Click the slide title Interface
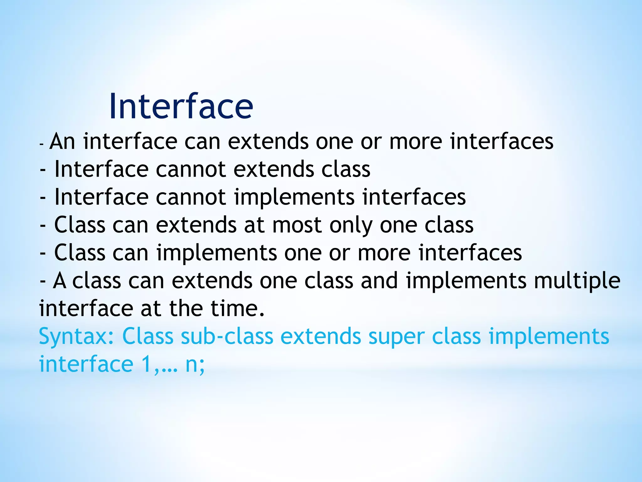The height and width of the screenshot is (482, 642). pos(181,107)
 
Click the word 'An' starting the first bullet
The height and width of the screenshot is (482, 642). pos(62,142)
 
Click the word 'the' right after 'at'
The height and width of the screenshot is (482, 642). pos(186,308)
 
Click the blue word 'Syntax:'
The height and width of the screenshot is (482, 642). pos(76,336)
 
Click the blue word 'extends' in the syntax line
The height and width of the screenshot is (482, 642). pos(320,336)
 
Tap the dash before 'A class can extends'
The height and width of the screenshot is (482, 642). pos(43,281)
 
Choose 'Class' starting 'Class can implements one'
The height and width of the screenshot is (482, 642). pos(80,253)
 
